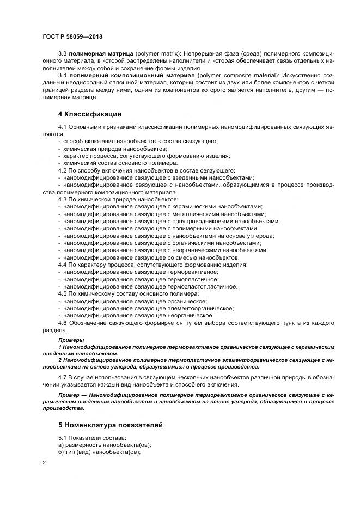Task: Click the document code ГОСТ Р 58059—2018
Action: (x=72, y=36)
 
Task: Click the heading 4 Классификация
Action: (x=89, y=114)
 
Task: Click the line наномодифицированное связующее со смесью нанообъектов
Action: (x=151, y=257)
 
